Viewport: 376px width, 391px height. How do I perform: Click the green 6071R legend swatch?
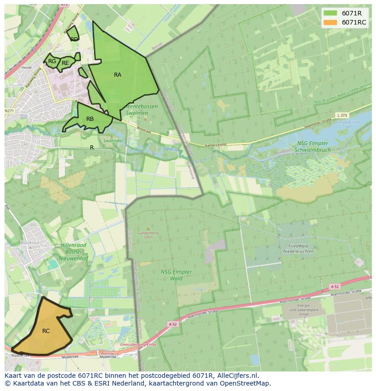331,13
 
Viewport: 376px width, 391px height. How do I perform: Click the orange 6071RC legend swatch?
331,22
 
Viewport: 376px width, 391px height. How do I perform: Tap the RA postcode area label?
118,75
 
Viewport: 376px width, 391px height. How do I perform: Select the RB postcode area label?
90,119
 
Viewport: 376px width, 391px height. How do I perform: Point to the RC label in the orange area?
46,331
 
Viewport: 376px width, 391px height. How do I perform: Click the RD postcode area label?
74,40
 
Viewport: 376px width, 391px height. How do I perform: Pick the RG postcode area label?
52,61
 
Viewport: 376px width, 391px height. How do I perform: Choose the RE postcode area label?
65,63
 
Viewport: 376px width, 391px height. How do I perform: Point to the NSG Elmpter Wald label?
176,275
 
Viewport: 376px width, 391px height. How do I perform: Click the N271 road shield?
9,111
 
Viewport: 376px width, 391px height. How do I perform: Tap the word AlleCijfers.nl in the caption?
237,376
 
